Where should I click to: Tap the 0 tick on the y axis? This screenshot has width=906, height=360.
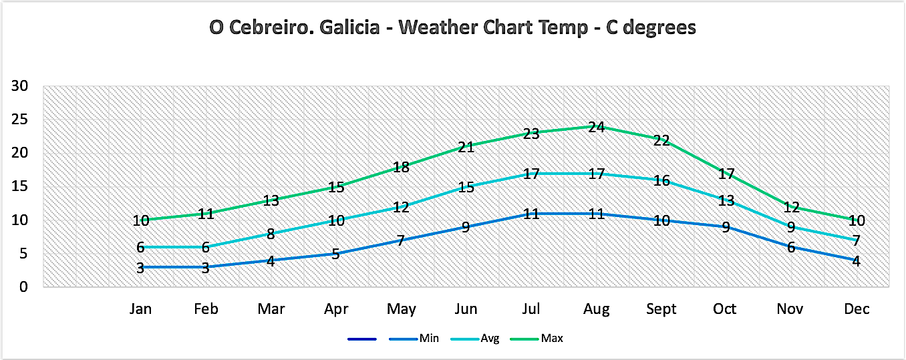[x=23, y=287]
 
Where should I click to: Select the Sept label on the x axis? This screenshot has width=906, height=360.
[x=661, y=309]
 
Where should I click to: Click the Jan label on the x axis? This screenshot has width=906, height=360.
[x=140, y=309]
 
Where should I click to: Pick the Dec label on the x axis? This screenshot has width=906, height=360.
[x=857, y=309]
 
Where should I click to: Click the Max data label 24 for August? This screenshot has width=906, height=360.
[x=596, y=127]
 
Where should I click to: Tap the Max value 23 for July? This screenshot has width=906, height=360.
[x=531, y=134]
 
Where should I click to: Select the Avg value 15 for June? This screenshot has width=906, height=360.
[x=466, y=187]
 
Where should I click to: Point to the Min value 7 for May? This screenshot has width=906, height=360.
[x=401, y=240]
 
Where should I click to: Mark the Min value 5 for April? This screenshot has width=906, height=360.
[x=335, y=254]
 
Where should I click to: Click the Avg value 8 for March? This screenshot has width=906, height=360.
[x=271, y=234]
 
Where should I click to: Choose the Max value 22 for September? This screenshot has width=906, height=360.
[x=661, y=140]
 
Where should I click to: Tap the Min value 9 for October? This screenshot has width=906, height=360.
[x=726, y=227]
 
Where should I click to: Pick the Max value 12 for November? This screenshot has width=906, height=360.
[x=792, y=207]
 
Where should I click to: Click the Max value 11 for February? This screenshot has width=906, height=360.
[x=205, y=214]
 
